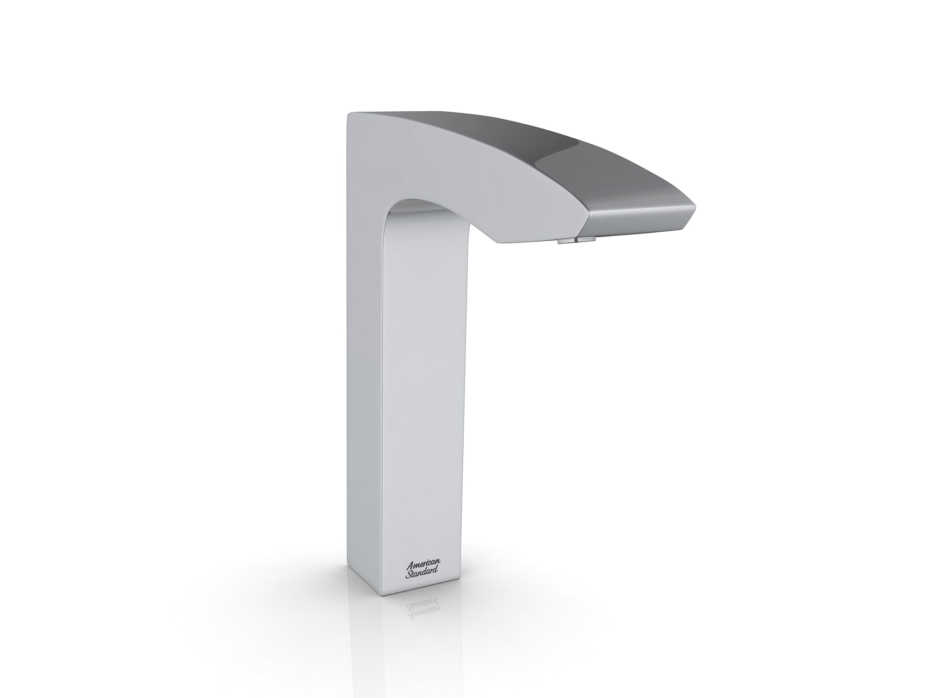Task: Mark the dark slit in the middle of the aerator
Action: pyautogui.click(x=576, y=240)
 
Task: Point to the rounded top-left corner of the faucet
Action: pyautogui.click(x=350, y=115)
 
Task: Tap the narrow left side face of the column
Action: pyautogui.click(x=365, y=372)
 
